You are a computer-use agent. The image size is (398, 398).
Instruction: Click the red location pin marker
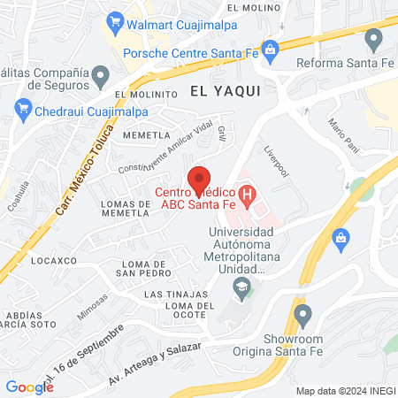point(200,176)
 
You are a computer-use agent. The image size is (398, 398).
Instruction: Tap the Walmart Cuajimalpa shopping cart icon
point(114,19)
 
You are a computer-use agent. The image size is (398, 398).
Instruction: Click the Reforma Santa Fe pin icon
point(373,38)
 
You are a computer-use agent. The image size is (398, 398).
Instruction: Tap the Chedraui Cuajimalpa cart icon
point(23,109)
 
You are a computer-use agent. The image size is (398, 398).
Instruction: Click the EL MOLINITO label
point(142,93)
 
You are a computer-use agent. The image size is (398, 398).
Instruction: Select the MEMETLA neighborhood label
point(147,135)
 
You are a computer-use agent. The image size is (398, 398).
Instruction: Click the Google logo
point(29,387)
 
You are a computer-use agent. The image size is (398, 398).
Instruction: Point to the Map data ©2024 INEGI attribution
point(344,391)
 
